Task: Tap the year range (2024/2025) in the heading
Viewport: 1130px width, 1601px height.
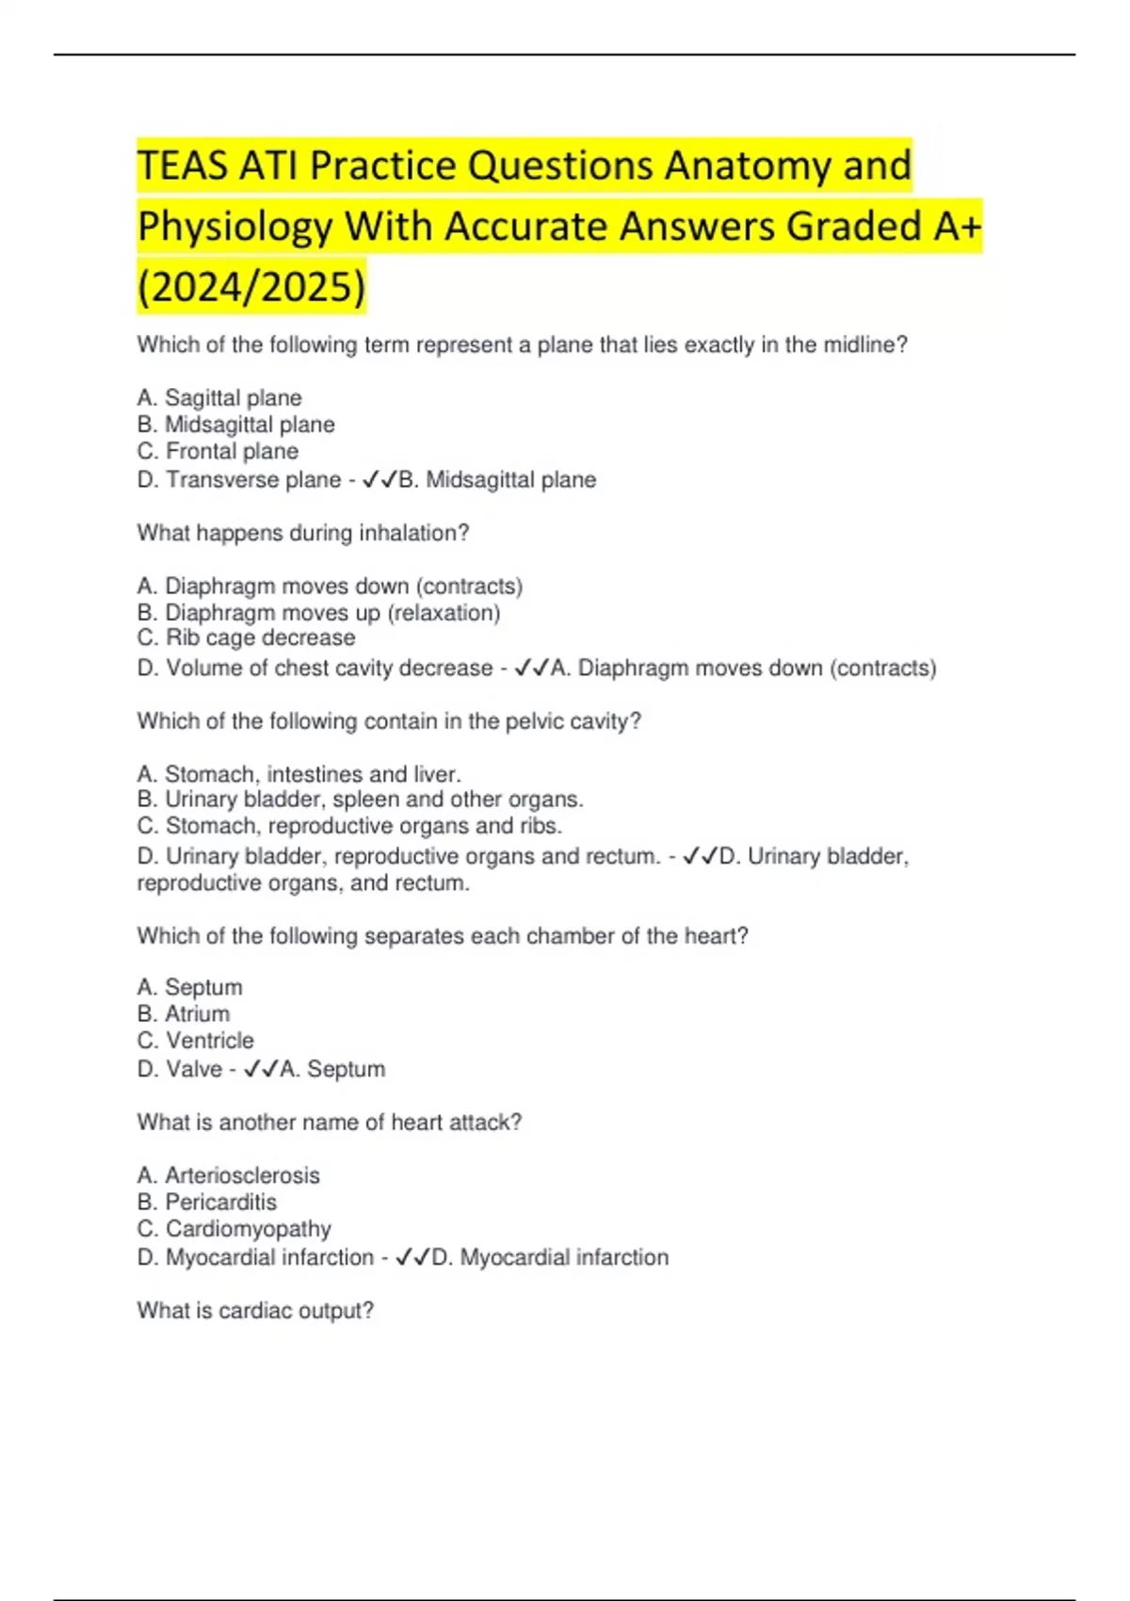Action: click(x=251, y=286)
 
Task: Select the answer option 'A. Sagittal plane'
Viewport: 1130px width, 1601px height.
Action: click(x=219, y=397)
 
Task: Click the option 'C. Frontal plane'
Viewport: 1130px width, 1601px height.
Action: click(x=218, y=451)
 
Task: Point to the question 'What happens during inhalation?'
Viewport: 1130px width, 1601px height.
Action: click(x=303, y=533)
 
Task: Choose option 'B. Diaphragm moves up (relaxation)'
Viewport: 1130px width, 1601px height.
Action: click(x=318, y=612)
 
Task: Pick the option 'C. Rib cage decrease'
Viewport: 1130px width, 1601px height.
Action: click(x=246, y=638)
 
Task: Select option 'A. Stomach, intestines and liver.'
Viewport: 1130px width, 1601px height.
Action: click(x=299, y=774)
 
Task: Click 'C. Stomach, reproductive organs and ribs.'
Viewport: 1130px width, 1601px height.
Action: click(x=349, y=826)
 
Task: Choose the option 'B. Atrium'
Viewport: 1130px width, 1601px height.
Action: click(x=184, y=1013)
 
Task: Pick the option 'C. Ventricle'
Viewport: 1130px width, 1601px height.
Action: click(x=195, y=1041)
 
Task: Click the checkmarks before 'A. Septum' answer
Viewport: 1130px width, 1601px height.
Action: click(x=260, y=1070)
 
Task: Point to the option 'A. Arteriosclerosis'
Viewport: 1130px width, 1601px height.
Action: click(x=228, y=1175)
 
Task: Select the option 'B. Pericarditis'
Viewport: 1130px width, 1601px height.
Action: click(x=207, y=1202)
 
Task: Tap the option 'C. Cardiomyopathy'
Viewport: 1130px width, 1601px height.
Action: click(x=234, y=1229)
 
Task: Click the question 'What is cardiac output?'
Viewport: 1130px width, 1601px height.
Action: click(x=255, y=1311)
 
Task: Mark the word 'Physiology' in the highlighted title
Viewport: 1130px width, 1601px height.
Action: click(x=234, y=226)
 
